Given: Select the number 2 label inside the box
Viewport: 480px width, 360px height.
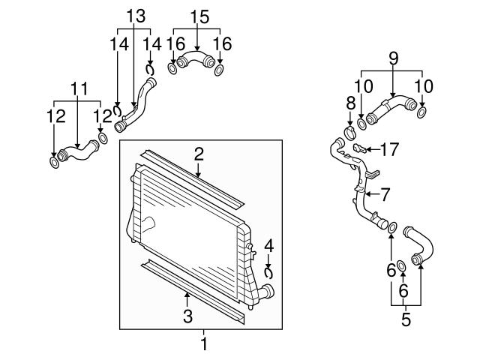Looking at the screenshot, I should tap(199, 154).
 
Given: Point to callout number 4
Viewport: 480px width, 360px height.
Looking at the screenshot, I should tap(268, 244).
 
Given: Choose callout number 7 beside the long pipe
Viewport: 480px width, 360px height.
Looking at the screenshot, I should tap(385, 194).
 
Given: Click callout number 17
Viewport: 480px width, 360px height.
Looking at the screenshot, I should tap(388, 149).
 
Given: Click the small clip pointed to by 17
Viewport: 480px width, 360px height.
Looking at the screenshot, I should tap(360, 147).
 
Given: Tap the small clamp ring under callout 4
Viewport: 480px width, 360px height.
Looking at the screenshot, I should tap(268, 273).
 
